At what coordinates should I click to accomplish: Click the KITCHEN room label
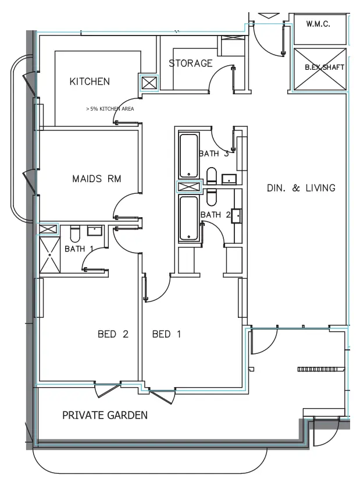pyautogui.click(x=89, y=81)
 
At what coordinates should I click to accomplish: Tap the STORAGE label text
pyautogui.click(x=190, y=63)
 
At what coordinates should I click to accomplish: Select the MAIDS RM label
pyautogui.click(x=97, y=179)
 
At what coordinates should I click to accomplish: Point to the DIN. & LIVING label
pyautogui.click(x=301, y=188)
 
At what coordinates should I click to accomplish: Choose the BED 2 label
pyautogui.click(x=112, y=334)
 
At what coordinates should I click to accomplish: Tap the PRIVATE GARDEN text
pyautogui.click(x=105, y=415)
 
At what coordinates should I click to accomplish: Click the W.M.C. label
pyautogui.click(x=318, y=24)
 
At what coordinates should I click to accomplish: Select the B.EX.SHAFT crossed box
pyautogui.click(x=318, y=69)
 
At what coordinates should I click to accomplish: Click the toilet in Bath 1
pyautogui.click(x=74, y=235)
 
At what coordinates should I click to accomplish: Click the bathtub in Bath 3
pyautogui.click(x=189, y=155)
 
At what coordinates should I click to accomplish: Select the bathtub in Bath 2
pyautogui.click(x=189, y=218)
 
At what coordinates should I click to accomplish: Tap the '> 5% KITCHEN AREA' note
pyautogui.click(x=110, y=108)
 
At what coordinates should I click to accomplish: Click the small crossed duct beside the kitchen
pyautogui.click(x=149, y=83)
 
